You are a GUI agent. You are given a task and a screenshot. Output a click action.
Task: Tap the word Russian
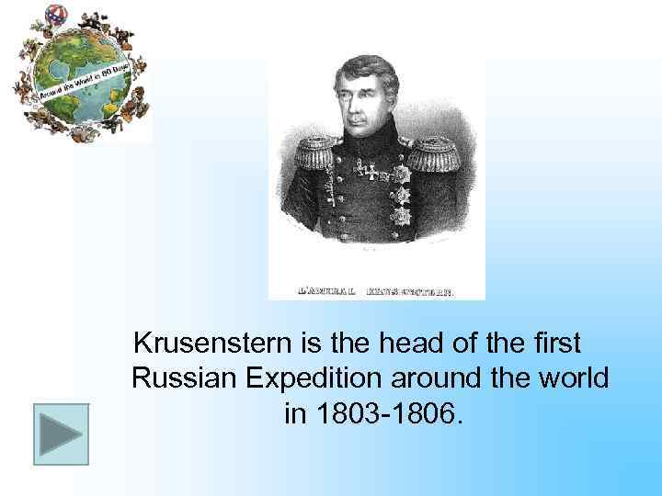click(x=180, y=378)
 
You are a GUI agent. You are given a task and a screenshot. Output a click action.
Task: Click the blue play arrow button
click(x=62, y=434)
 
